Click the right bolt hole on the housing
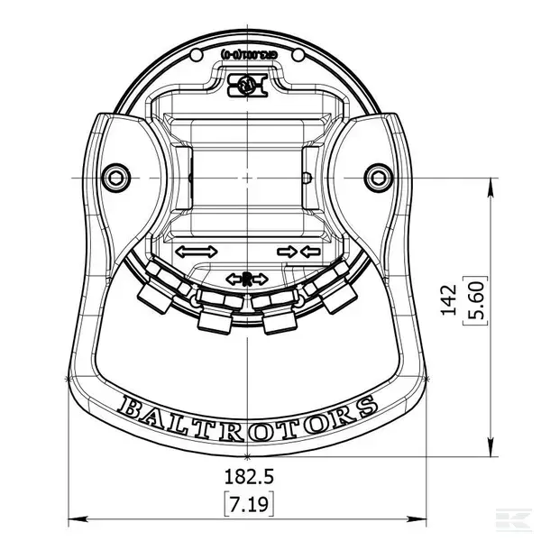point(375,174)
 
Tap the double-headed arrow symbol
point(196,252)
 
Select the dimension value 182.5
point(247,475)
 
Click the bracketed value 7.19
point(247,503)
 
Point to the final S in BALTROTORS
point(365,405)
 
